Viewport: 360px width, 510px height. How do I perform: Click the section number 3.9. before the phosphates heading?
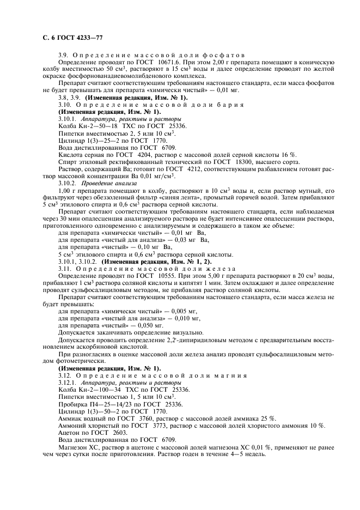(64, 56)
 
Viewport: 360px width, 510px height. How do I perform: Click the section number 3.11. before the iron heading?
(65, 269)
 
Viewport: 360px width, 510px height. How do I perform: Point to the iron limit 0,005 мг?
(180, 309)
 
